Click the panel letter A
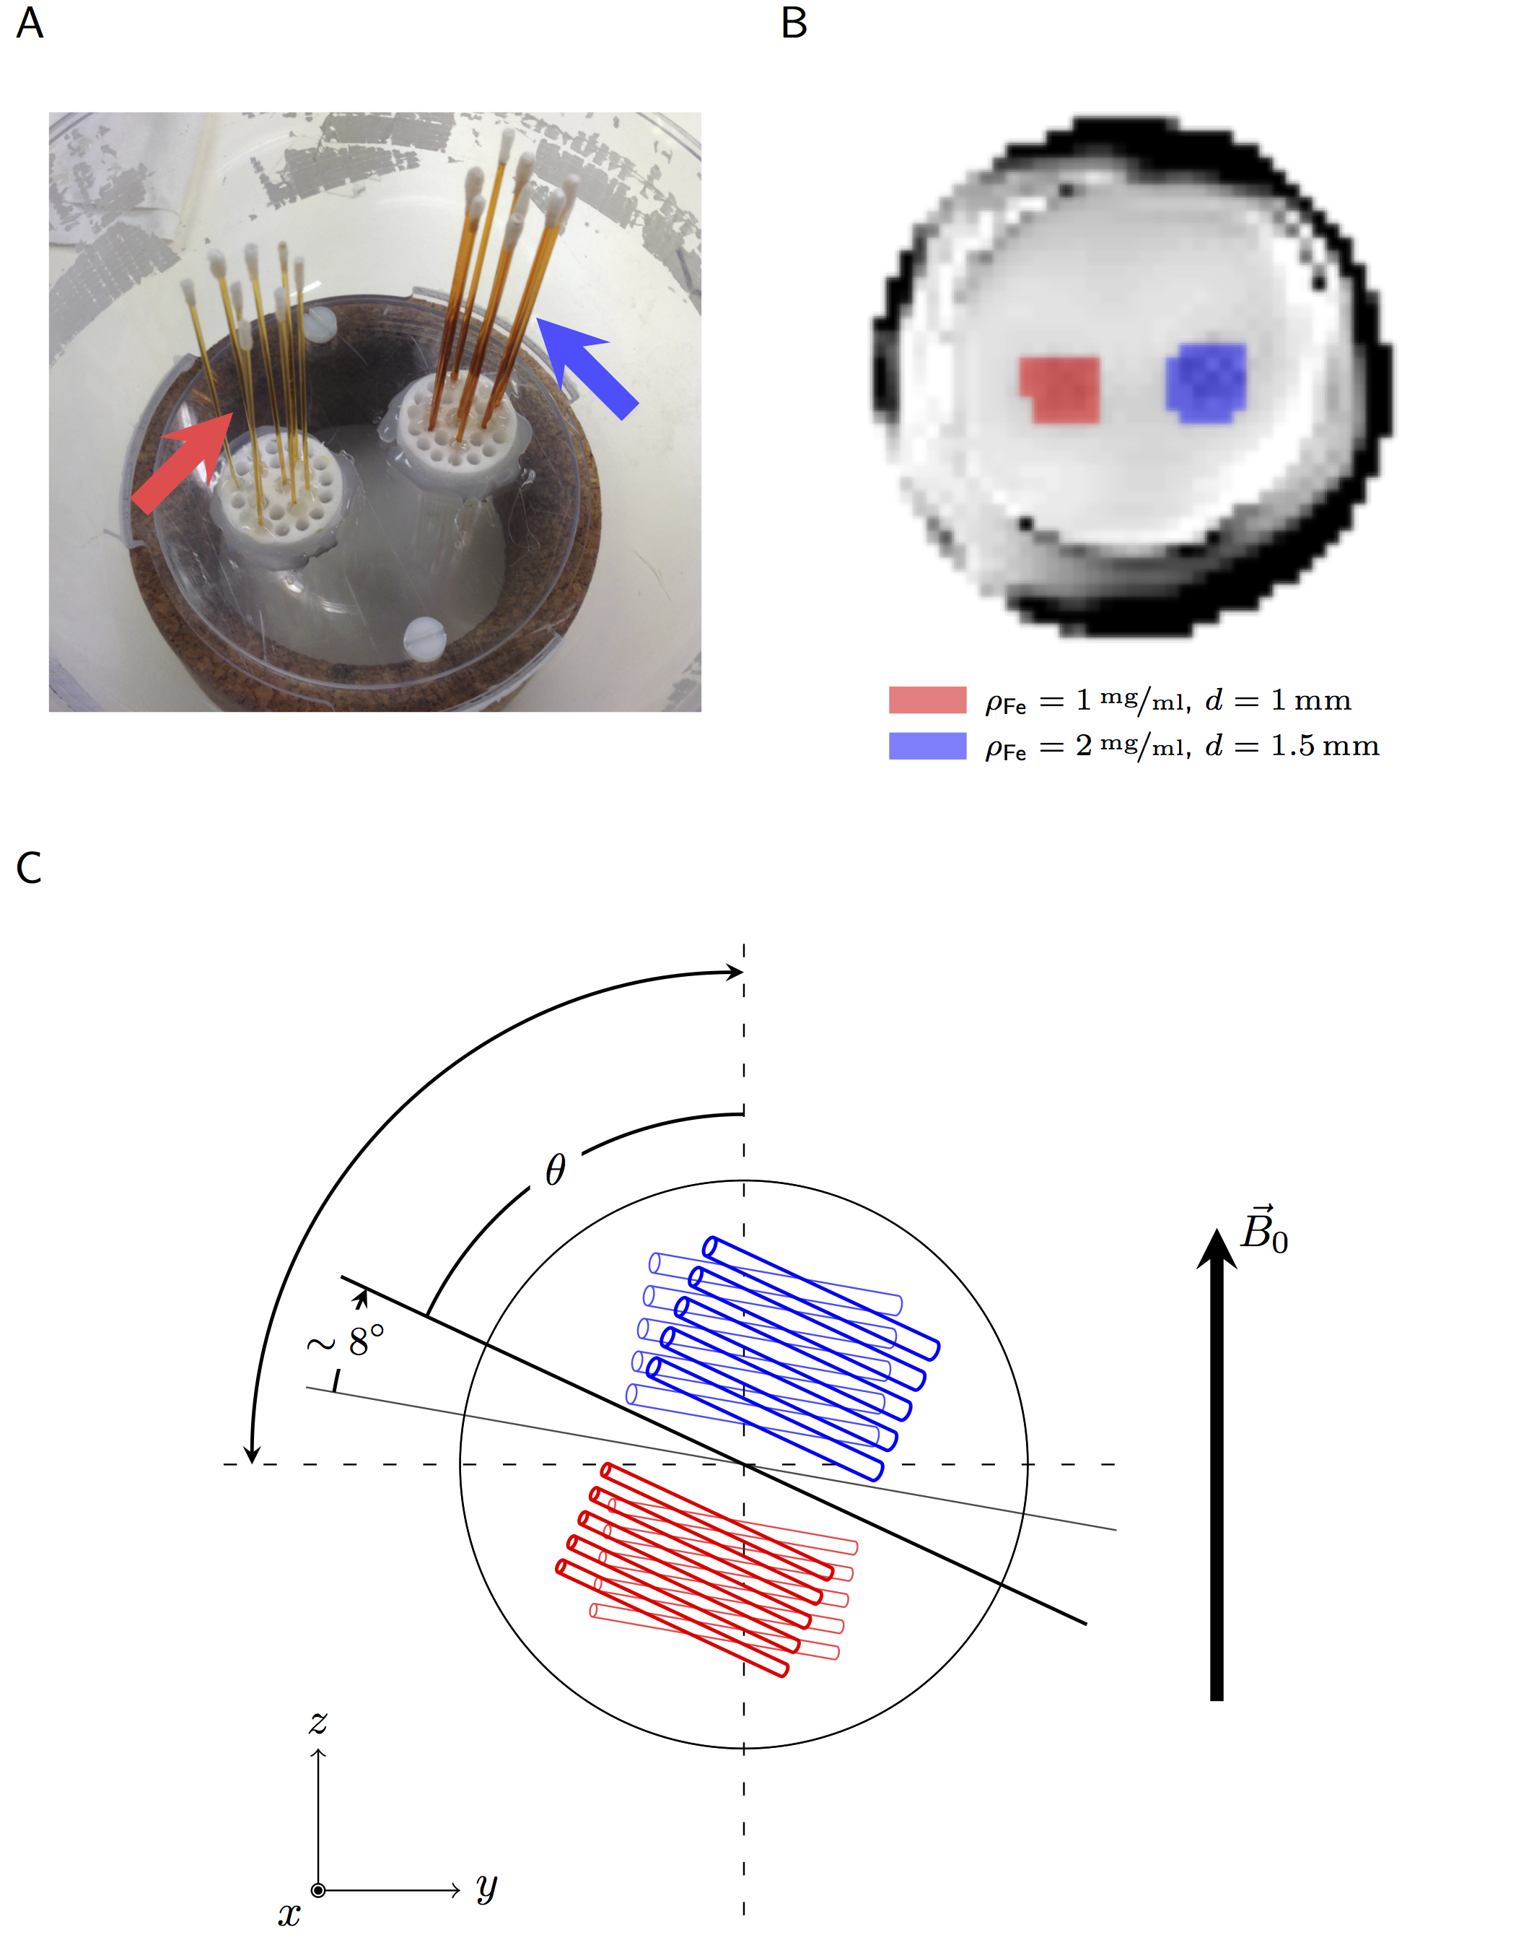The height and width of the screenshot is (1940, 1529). click(30, 22)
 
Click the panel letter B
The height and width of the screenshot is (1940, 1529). click(793, 22)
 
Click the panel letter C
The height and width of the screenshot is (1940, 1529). click(29, 867)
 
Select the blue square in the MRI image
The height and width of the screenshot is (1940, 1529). click(1206, 383)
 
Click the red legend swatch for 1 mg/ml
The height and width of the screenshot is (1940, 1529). click(926, 700)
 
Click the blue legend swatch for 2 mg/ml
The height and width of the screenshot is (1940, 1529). click(926, 746)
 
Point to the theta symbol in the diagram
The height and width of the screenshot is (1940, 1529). click(555, 1170)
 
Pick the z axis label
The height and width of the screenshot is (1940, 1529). click(317, 1721)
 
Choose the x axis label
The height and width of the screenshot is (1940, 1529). click(288, 1914)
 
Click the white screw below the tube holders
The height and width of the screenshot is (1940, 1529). click(424, 637)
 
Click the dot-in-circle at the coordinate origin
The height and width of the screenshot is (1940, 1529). click(317, 1890)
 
